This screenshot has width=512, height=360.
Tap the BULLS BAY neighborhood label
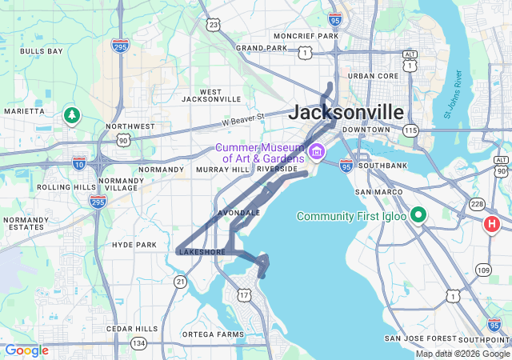click(x=42, y=51)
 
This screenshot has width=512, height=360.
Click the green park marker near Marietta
click(x=72, y=115)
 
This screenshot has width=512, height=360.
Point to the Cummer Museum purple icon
click(x=317, y=151)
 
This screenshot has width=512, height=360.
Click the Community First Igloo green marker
click(x=418, y=216)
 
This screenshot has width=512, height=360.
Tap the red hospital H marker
click(x=492, y=225)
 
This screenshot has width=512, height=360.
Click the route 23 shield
click(x=213, y=25)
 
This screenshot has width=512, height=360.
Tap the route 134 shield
click(x=139, y=343)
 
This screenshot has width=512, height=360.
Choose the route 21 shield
click(x=181, y=281)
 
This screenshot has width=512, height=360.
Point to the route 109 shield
click(x=482, y=270)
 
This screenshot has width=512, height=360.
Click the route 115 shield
click(x=411, y=130)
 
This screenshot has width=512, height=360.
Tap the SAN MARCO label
click(x=373, y=193)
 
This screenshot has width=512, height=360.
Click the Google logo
click(x=26, y=350)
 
